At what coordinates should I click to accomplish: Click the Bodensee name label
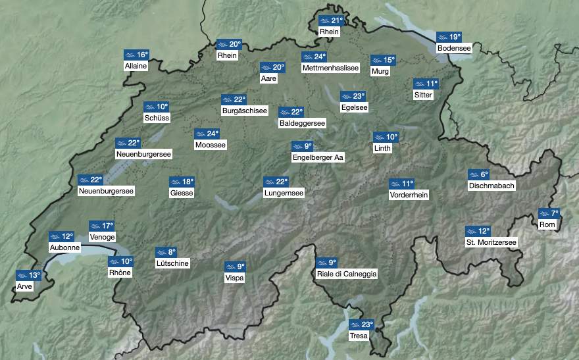(x=454, y=48)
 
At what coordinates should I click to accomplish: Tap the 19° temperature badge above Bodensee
(x=449, y=37)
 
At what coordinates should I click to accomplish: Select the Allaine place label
(x=135, y=66)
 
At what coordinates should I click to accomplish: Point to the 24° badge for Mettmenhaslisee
(x=315, y=57)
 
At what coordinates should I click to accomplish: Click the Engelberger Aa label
(x=318, y=157)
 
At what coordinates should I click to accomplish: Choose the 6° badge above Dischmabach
(x=479, y=174)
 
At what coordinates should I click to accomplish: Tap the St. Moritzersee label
(x=491, y=242)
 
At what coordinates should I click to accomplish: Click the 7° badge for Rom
(x=549, y=213)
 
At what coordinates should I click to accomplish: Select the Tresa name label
(x=359, y=336)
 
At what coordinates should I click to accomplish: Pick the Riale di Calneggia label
(x=347, y=274)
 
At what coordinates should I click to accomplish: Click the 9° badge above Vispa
(x=235, y=267)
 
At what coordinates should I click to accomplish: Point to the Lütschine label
(x=172, y=263)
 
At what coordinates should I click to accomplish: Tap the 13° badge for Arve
(x=28, y=275)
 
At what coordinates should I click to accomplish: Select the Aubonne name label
(x=64, y=247)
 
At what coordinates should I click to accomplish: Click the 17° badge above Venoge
(x=101, y=226)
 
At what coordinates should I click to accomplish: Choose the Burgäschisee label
(x=245, y=111)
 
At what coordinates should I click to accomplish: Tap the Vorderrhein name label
(x=409, y=195)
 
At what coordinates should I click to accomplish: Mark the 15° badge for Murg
(x=383, y=60)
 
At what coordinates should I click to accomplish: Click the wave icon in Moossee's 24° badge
(x=200, y=134)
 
